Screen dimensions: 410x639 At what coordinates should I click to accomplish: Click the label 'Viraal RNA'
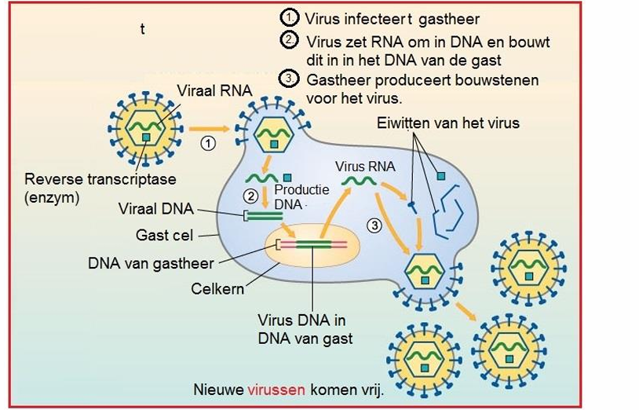(x=214, y=91)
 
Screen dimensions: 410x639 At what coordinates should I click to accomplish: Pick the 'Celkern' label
(x=217, y=288)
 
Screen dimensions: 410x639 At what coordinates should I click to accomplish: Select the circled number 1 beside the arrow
(x=207, y=144)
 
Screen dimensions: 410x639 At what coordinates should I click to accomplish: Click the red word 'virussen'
(x=275, y=389)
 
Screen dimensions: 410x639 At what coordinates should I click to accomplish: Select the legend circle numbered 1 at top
(x=288, y=17)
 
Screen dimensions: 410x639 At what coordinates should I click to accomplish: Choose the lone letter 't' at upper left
(x=142, y=30)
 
